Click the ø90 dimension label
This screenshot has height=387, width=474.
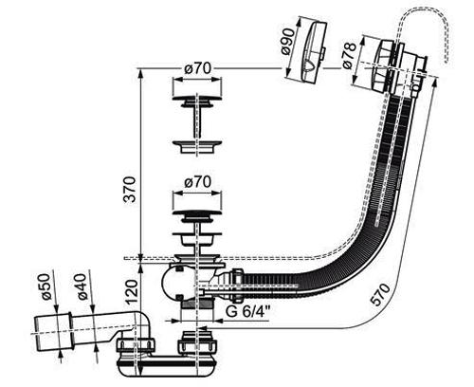(288, 43)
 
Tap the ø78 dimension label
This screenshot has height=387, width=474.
(350, 55)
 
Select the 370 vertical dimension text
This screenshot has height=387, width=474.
(129, 189)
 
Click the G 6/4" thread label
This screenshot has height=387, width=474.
(247, 312)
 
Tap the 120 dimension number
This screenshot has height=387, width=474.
(132, 291)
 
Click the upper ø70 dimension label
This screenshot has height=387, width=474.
(197, 68)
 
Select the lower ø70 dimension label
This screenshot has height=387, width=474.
(197, 182)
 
